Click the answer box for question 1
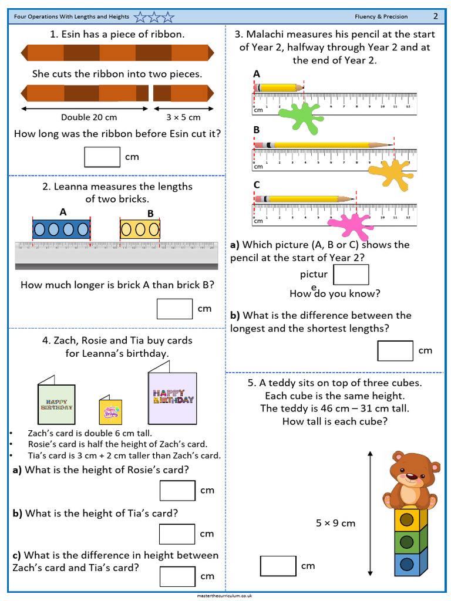pyautogui.click(x=102, y=157)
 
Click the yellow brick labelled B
pyautogui.click(x=140, y=229)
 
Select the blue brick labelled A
pyautogui.click(x=61, y=229)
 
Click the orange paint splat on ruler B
pyautogui.click(x=391, y=172)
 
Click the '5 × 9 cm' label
pyautogui.click(x=335, y=523)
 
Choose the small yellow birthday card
pyautogui.click(x=110, y=411)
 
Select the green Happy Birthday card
pyautogui.click(x=57, y=404)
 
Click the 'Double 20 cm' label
pyautogui.click(x=89, y=117)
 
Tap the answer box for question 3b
pyautogui.click(x=395, y=350)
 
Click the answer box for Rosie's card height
pyautogui.click(x=177, y=491)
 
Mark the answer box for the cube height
pyautogui.click(x=278, y=566)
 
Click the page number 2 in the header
pyautogui.click(x=436, y=16)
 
